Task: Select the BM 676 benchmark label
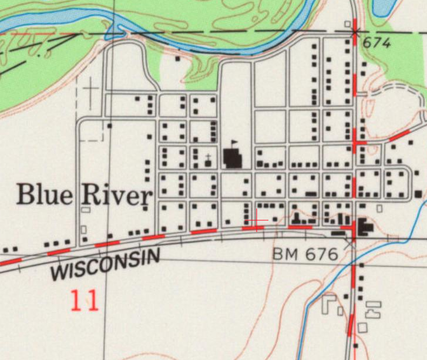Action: [x=305, y=254]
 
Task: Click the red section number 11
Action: [x=85, y=300]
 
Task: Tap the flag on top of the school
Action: [x=234, y=143]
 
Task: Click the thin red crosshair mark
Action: [x=256, y=221]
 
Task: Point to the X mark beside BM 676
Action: [x=351, y=240]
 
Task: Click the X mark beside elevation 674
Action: [x=354, y=32]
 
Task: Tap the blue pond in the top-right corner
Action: [x=384, y=6]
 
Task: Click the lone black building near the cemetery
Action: [x=110, y=125]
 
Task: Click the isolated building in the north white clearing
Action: [x=177, y=59]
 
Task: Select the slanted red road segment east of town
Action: [x=399, y=136]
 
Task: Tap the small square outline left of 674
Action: [x=348, y=24]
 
